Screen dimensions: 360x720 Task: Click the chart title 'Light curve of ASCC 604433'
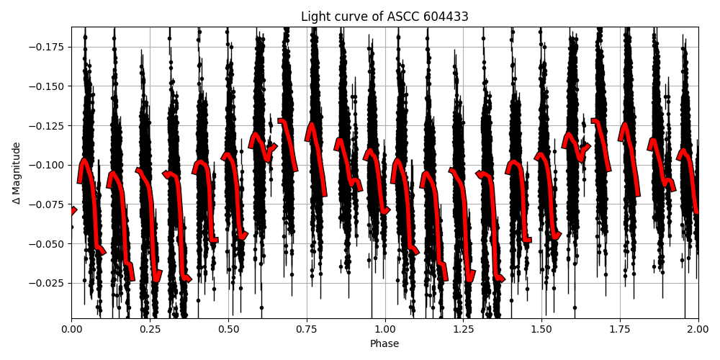click(x=384, y=17)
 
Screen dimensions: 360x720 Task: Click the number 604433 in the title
click(x=446, y=17)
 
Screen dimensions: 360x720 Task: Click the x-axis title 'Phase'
click(x=384, y=344)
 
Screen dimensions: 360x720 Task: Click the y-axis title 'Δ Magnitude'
click(x=17, y=173)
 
